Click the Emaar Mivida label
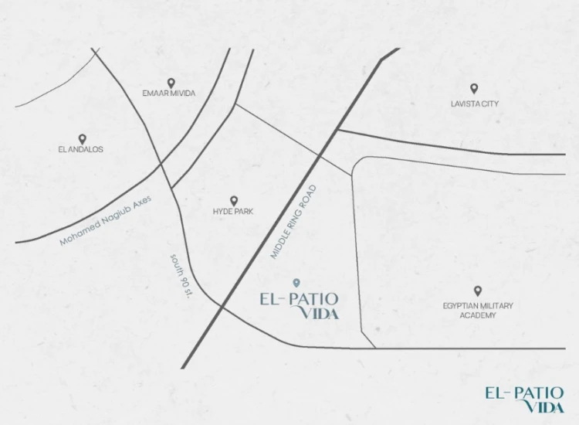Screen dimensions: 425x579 pyautogui.click(x=169, y=93)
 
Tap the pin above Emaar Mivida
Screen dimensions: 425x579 pyautogui.click(x=170, y=82)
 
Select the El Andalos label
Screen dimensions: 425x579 pyautogui.click(x=81, y=149)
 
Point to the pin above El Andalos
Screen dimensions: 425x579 pyautogui.click(x=82, y=138)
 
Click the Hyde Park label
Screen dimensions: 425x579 pyautogui.click(x=233, y=211)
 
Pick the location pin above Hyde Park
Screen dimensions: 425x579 pyautogui.click(x=234, y=200)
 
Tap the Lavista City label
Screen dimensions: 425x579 pyautogui.click(x=474, y=103)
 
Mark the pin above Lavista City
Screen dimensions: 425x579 pyautogui.click(x=474, y=89)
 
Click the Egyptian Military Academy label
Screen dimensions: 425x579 pyautogui.click(x=477, y=306)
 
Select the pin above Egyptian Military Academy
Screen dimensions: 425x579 pyautogui.click(x=477, y=291)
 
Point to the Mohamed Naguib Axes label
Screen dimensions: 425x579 pyautogui.click(x=107, y=221)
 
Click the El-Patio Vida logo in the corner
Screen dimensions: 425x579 pyautogui.click(x=524, y=398)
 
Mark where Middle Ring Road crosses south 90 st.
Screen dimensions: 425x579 pyautogui.click(x=222, y=307)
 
